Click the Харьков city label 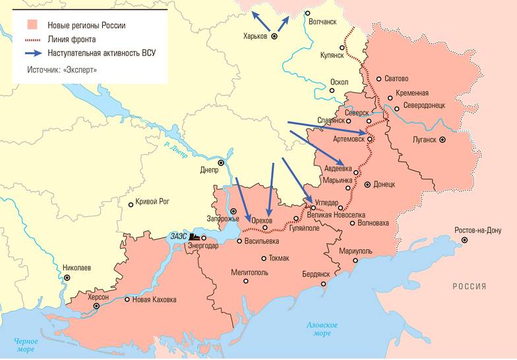[x=255, y=36]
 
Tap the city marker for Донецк [x=368, y=185]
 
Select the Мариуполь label [x=355, y=251]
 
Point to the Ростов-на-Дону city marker [x=466, y=240]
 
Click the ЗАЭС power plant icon [x=195, y=235]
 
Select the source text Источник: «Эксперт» [x=62, y=69]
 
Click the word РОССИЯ [x=470, y=286]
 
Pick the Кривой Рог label [x=153, y=201]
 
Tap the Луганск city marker [x=443, y=140]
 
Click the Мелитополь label [x=251, y=272]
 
